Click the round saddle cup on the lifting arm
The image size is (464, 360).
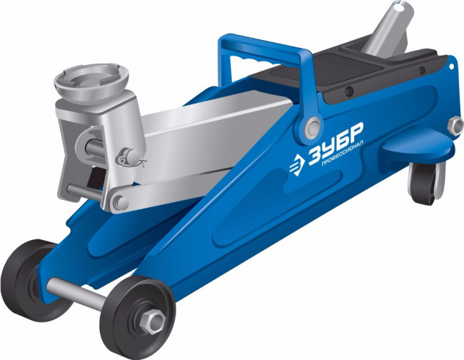pos(91,83)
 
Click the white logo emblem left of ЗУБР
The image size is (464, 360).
pos(297,166)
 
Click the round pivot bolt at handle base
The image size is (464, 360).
pos(313,126)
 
